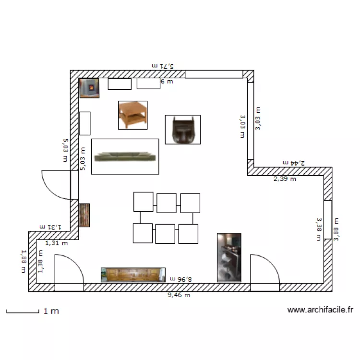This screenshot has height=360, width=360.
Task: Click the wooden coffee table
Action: click(132, 115)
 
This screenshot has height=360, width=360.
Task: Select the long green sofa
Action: click(125, 156)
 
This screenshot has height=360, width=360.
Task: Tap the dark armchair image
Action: click(182, 130)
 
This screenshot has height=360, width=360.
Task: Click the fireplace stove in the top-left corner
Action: click(89, 88)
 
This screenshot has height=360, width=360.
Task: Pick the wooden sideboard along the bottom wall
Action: click(133, 275)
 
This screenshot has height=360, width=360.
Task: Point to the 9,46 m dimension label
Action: click(179, 295)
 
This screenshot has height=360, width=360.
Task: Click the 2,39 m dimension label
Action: click(285, 179)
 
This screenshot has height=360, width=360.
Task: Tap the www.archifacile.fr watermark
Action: click(320, 310)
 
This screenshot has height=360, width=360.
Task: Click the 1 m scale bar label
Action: click(51, 311)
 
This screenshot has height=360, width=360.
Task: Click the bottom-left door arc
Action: click(69, 272)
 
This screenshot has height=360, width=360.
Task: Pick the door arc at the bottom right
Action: click(264, 273)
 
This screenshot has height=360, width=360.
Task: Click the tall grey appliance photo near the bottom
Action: click(228, 257)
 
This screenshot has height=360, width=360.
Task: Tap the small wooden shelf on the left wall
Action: click(84, 215)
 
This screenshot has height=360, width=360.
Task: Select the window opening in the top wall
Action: click(214, 74)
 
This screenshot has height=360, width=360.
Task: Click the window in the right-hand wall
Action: click(328, 219)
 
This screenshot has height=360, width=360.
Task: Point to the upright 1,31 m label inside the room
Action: click(57, 243)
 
